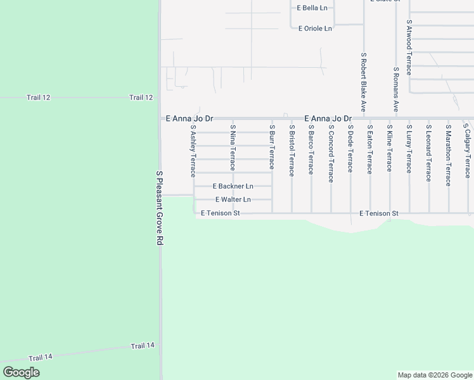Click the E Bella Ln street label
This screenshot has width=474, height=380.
[312, 8]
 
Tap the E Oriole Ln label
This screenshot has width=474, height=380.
[315, 28]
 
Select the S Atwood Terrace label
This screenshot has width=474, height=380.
[409, 47]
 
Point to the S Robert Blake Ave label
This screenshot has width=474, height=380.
[364, 82]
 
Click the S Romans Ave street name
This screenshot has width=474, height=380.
[396, 90]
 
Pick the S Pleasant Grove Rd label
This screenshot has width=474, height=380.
[160, 208]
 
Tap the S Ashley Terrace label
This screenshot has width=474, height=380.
[193, 151]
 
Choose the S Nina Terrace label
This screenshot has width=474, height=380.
[233, 148]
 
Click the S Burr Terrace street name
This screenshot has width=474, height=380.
[272, 147]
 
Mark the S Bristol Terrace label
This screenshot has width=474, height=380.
[291, 151]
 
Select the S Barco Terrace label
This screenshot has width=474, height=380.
[311, 149]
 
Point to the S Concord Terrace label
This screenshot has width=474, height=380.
[331, 153]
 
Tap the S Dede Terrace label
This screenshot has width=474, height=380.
[350, 148]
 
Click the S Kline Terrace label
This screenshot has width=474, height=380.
[390, 148]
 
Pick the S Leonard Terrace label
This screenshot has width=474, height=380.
[429, 153]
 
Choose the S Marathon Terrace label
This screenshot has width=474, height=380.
[449, 155]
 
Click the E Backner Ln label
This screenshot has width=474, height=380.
[233, 186]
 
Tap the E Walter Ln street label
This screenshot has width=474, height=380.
[233, 199]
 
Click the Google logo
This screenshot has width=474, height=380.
[21, 372]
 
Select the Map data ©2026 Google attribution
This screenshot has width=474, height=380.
[434, 375]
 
